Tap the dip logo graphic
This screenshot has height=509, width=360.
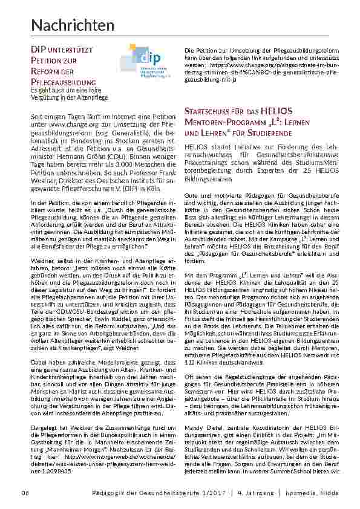[x=143, y=60]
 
